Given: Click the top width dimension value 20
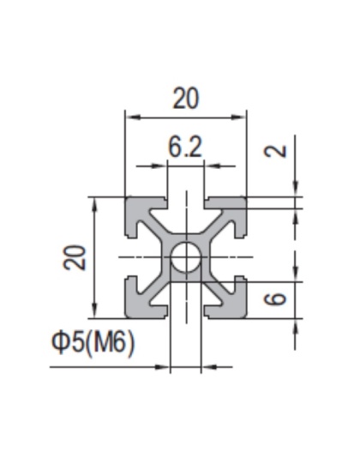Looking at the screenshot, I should [x=185, y=99].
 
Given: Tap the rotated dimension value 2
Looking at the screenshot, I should [x=276, y=151].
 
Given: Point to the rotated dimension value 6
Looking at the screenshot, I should [x=276, y=299].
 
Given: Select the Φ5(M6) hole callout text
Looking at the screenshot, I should [x=93, y=343].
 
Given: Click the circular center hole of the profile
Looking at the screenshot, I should [x=185, y=257].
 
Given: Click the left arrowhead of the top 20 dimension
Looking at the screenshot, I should [x=130, y=114].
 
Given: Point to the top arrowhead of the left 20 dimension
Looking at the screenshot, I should [x=94, y=202].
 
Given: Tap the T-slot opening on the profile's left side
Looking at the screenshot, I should [x=130, y=257].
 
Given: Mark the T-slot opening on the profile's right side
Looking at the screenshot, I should [x=242, y=257].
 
